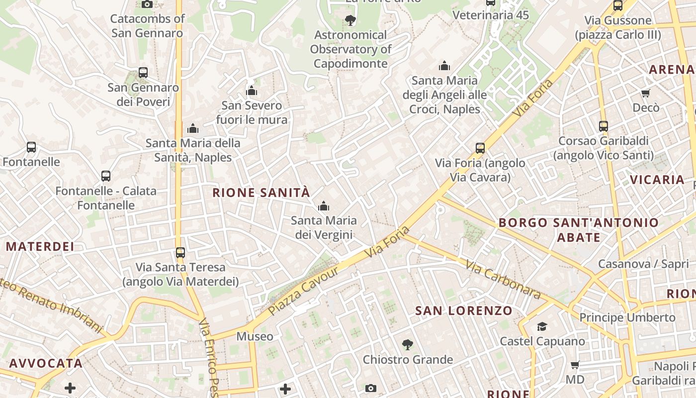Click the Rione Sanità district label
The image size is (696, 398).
pos(261,193)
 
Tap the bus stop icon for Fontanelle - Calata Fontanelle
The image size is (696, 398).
pos(106,176)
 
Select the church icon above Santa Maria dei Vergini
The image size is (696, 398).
pos(324,205)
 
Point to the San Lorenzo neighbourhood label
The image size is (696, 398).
pos(463,311)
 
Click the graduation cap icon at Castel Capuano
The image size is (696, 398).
pos(542,326)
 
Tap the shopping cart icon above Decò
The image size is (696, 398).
pos(646,93)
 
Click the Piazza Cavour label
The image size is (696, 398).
pos(303,290)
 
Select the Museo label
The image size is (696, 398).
pos(255,336)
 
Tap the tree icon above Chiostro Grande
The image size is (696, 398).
pos(408,344)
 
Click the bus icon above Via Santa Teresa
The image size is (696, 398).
pos(180,252)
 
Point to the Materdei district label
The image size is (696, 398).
pos(40,246)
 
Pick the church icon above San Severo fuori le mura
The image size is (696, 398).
pos(252,91)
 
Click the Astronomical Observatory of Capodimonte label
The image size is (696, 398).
pos(350,49)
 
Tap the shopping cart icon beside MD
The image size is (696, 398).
pos(575,365)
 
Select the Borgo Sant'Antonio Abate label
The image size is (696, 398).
pos(579,230)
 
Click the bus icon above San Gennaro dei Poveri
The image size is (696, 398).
pos(143,72)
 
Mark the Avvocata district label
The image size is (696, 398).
pos(46,363)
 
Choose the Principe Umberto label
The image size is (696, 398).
pos(627,317)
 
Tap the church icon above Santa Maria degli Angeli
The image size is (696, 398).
pos(444,66)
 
